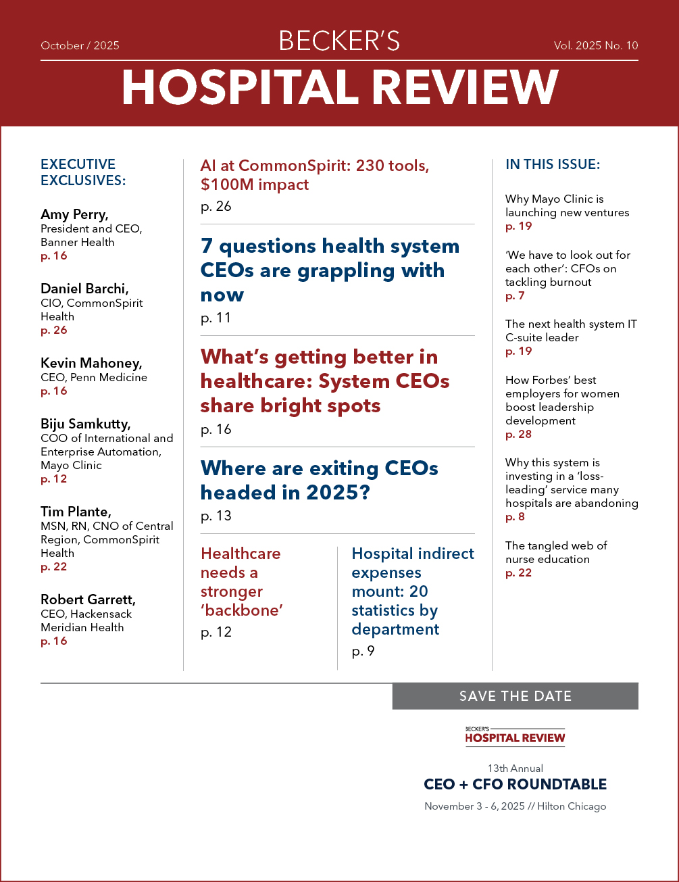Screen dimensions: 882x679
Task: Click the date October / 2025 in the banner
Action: tap(80, 46)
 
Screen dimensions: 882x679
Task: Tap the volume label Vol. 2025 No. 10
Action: tap(595, 46)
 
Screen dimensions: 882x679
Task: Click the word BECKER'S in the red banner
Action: tap(339, 42)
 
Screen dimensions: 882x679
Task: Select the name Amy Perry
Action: tap(74, 215)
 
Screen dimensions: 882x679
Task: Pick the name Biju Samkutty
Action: tap(86, 424)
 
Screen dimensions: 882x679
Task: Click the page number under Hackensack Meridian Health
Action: tap(54, 641)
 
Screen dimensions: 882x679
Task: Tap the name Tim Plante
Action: tap(74, 512)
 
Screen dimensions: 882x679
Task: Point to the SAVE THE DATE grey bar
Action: tap(515, 696)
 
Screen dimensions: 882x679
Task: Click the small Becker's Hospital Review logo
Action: tap(515, 735)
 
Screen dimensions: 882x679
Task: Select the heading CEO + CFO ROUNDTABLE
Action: tap(515, 785)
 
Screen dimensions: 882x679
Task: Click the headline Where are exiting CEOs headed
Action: tap(319, 481)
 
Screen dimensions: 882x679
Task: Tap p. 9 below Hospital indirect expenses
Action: tap(363, 652)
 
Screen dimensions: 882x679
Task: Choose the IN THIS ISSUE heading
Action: tap(553, 164)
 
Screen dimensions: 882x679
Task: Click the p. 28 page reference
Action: tap(518, 434)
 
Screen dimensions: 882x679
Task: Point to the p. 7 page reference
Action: tap(515, 295)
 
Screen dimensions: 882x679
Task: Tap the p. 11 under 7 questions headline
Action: tap(216, 318)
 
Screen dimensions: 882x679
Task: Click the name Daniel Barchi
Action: tap(84, 289)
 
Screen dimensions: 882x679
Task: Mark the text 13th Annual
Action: tap(515, 768)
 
